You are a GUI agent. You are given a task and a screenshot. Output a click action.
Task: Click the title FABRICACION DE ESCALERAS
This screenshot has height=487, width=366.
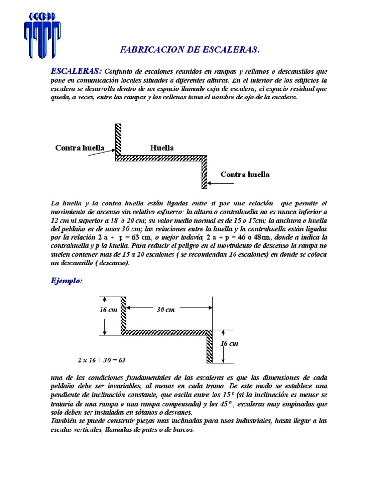click(189, 49)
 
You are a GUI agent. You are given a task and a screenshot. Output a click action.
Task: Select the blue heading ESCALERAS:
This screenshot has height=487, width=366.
click(76, 71)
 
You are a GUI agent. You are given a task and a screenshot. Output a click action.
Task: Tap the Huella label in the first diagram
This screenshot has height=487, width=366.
click(162, 148)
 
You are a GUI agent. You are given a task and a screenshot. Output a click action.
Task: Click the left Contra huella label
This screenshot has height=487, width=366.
click(80, 148)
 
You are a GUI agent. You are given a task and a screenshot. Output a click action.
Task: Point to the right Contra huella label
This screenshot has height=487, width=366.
click(245, 175)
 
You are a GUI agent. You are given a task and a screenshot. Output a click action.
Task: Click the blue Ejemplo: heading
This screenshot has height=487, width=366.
click(67, 281)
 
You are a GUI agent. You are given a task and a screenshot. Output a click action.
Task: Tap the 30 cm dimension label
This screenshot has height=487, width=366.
click(165, 310)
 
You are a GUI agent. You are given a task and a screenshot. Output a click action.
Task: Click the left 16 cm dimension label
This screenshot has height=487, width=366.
click(109, 309)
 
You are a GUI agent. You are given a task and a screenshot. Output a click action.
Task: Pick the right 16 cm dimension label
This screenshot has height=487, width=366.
click(229, 343)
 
